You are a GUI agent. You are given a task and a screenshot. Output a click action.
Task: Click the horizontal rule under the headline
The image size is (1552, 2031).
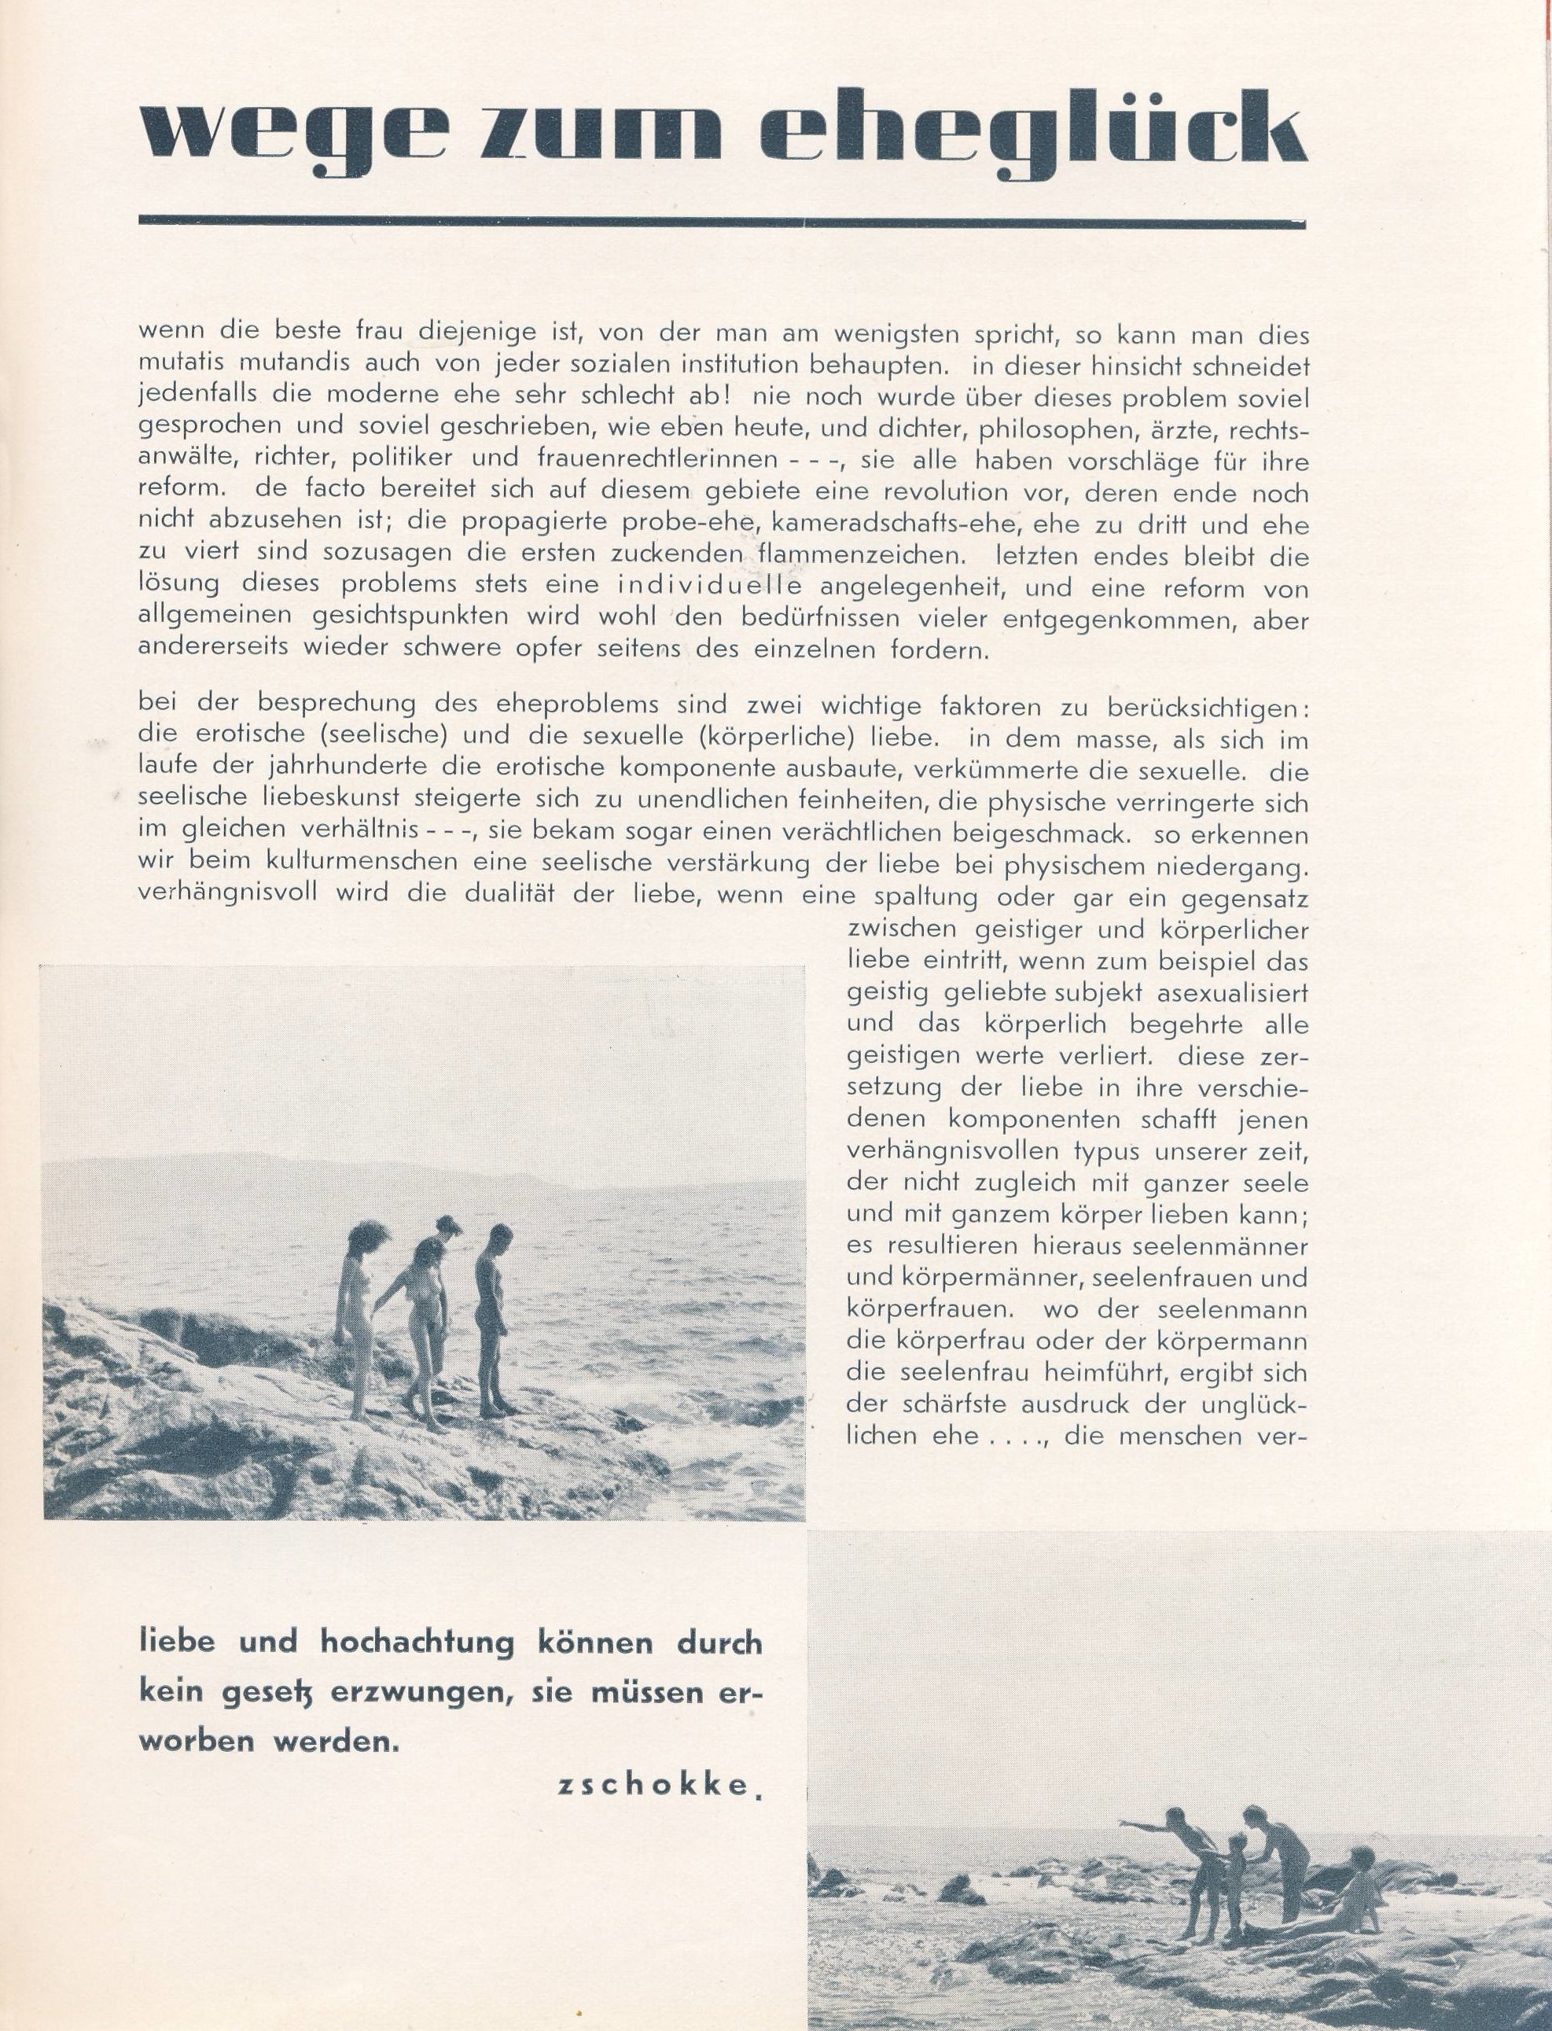[720, 221]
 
